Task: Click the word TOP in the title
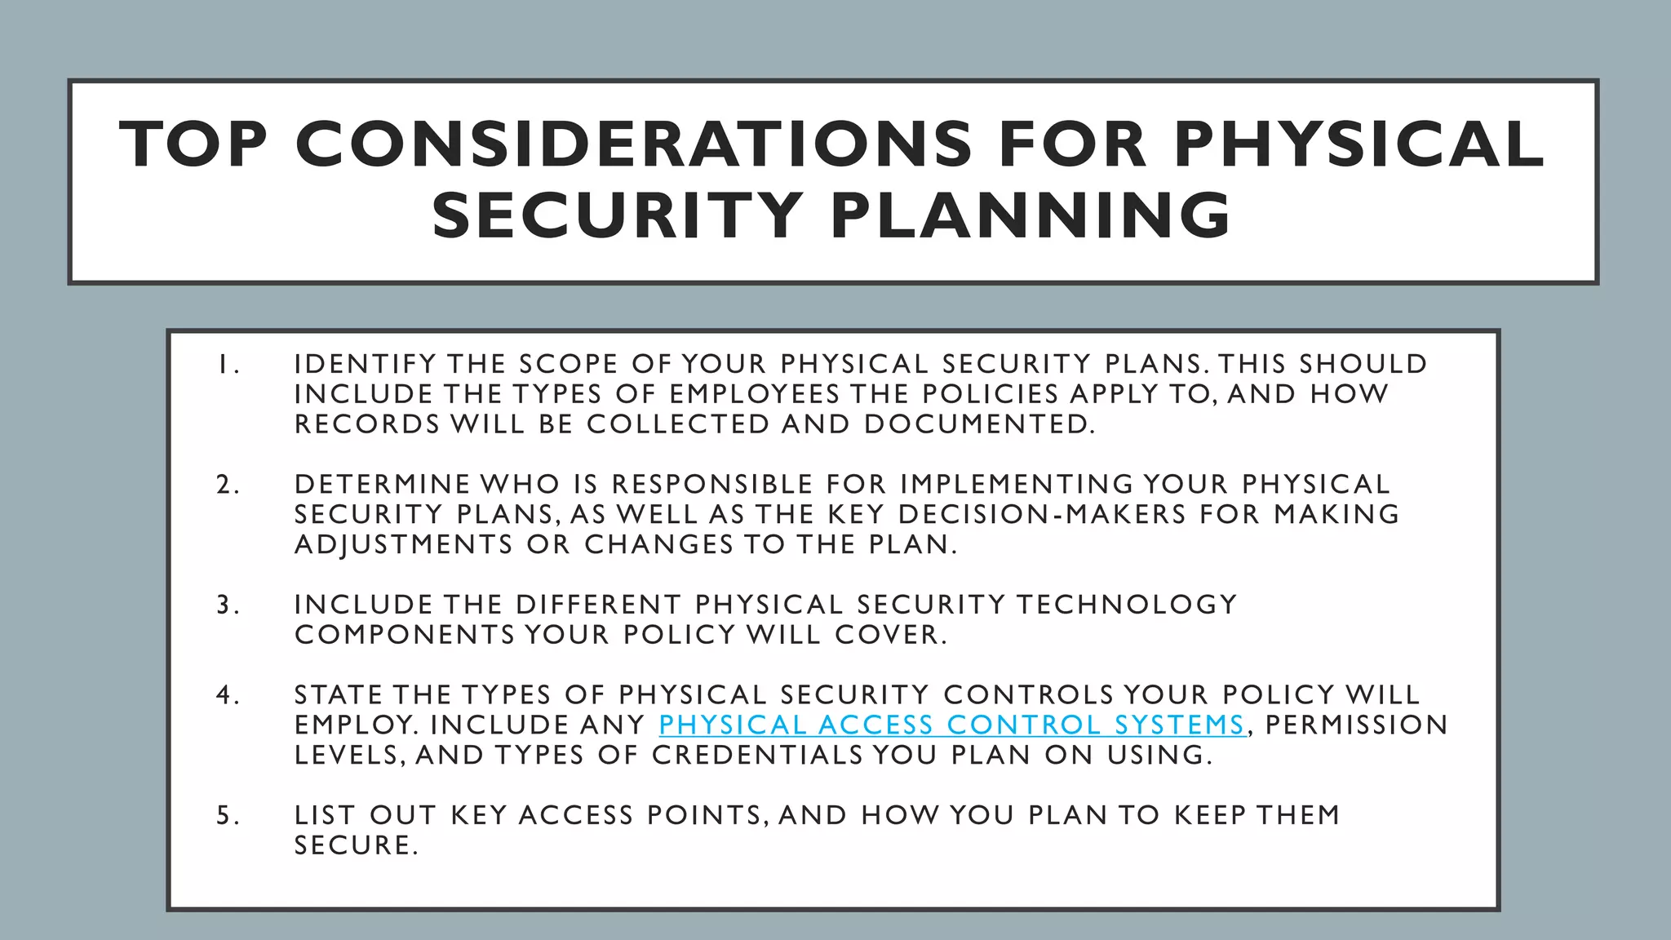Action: pyautogui.click(x=193, y=144)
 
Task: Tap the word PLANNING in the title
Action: pyautogui.click(x=1031, y=215)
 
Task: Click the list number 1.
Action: pyautogui.click(x=226, y=365)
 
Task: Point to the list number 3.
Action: pyautogui.click(x=226, y=605)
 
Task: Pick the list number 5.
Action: pyautogui.click(x=226, y=816)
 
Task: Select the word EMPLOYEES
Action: pyautogui.click(x=754, y=394)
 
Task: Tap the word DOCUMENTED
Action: pyautogui.click(x=978, y=424)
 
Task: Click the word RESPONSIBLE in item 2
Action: pyautogui.click(x=712, y=485)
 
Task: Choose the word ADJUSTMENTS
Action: pyautogui.click(x=403, y=545)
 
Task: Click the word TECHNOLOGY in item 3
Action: pyautogui.click(x=1127, y=605)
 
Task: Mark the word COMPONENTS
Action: pyautogui.click(x=404, y=635)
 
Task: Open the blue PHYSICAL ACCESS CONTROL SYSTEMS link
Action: pyautogui.click(x=951, y=725)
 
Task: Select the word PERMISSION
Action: pyautogui.click(x=1356, y=725)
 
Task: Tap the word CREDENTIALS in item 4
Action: pyautogui.click(x=756, y=755)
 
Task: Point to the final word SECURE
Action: pyautogui.click(x=355, y=845)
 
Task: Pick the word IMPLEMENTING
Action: pyautogui.click(x=1017, y=485)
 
